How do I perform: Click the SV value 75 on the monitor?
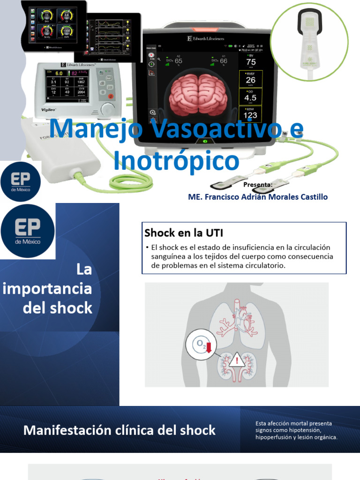pyautogui.click(x=251, y=62)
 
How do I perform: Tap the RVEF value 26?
pyautogui.click(x=251, y=80)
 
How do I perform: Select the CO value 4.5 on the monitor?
pyautogui.click(x=251, y=98)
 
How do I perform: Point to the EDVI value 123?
pyautogui.click(x=251, y=115)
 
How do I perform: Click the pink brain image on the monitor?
pyautogui.click(x=198, y=95)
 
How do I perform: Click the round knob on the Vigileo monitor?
pyautogui.click(x=108, y=109)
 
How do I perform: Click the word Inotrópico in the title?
pyautogui.click(x=176, y=160)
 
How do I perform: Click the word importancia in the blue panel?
pyautogui.click(x=47, y=289)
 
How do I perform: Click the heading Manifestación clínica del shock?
pyautogui.click(x=120, y=430)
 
